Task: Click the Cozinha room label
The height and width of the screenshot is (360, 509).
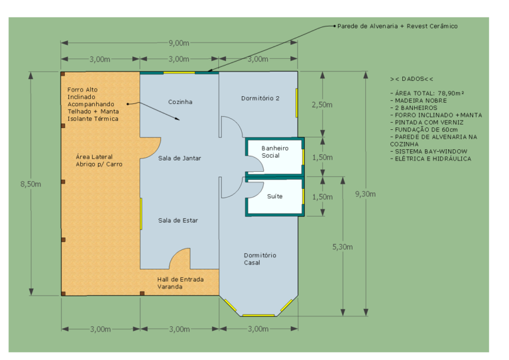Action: point(180,102)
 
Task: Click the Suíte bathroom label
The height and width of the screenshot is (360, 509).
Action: point(275,196)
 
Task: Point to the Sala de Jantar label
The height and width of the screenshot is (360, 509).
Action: point(180,158)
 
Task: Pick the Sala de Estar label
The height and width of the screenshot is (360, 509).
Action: point(178,220)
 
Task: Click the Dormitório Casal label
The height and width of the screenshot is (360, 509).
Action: point(260,259)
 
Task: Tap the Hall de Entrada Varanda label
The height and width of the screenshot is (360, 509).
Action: point(180,283)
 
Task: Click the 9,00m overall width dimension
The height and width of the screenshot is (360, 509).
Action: point(179,43)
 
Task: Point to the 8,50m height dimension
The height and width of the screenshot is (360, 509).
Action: point(30,184)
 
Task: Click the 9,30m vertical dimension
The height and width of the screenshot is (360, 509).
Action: point(365,194)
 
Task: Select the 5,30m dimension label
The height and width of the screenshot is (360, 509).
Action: point(343,247)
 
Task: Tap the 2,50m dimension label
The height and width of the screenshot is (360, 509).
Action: point(322,105)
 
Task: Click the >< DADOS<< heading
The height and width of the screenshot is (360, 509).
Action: point(412,78)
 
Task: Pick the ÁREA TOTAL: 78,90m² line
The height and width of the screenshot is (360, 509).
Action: point(427,93)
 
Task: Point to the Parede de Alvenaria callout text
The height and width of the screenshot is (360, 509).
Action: point(398,26)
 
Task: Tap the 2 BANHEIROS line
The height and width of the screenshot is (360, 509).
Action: point(414,107)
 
